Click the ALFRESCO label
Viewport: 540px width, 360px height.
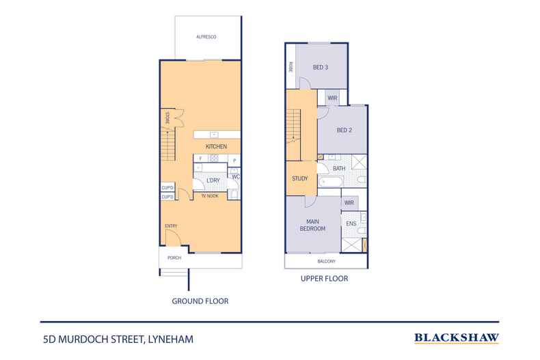pos(206,36)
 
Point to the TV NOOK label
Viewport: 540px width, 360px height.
pos(209,196)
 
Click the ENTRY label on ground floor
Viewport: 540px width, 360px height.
pos(171,226)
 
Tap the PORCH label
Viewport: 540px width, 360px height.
pos(173,259)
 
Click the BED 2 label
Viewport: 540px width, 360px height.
pos(345,131)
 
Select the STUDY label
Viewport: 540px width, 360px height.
pos(299,179)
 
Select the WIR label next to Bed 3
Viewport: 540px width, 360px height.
pos(332,98)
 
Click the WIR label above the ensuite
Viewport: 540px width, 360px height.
pos(349,202)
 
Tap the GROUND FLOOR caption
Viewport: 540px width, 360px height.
pos(200,301)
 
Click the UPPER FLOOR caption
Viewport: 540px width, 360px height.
pos(325,279)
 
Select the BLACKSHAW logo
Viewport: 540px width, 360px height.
pos(456,337)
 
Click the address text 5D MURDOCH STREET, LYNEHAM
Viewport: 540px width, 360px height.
pos(117,337)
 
